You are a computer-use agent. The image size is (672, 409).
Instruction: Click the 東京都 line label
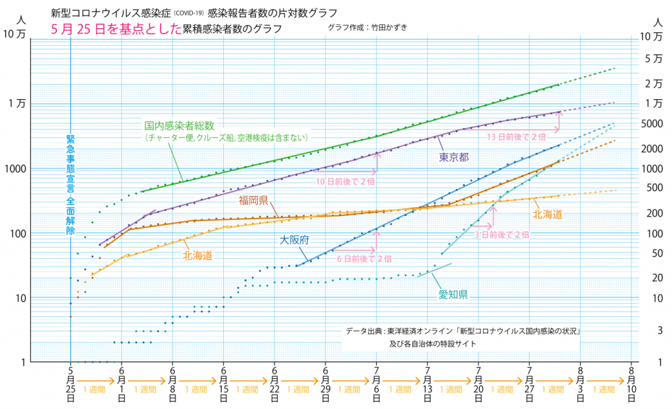pyautogui.click(x=453, y=156)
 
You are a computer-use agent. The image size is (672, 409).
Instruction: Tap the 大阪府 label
pyautogui.click(x=295, y=240)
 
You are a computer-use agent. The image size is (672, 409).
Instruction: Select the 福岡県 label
pyautogui.click(x=253, y=200)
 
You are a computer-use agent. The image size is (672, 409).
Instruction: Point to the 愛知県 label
pyautogui.click(x=453, y=294)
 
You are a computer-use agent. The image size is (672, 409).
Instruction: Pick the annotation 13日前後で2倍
pyautogui.click(x=516, y=136)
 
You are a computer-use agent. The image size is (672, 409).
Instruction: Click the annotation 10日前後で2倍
pyautogui.click(x=345, y=182)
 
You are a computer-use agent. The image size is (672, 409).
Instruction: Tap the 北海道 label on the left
pyautogui.click(x=197, y=255)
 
